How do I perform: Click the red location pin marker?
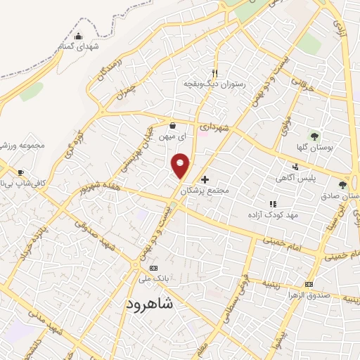click(x=181, y=165)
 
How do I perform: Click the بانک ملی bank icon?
click(x=153, y=268)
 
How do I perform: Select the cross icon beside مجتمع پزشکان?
click(x=205, y=179)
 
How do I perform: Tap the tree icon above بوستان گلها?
click(x=314, y=135)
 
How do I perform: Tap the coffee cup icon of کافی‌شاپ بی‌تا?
click(x=20, y=172)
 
